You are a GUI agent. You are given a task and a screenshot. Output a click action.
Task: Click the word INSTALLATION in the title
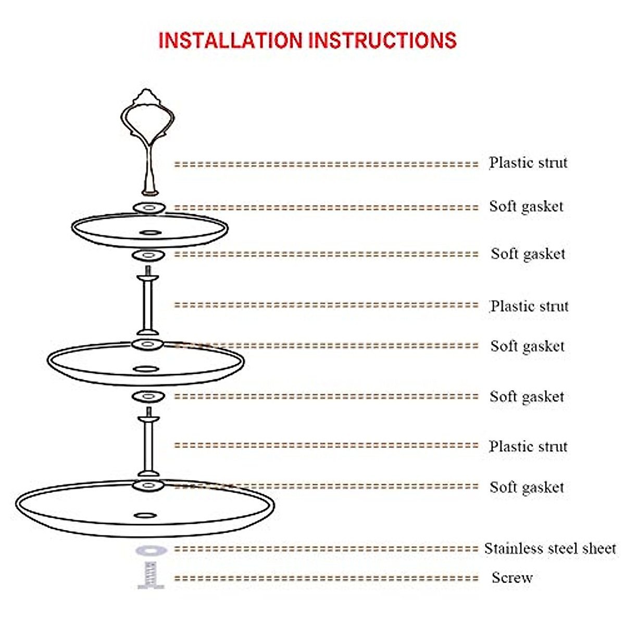pos(230,41)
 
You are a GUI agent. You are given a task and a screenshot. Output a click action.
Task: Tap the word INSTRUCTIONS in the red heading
pos(382,41)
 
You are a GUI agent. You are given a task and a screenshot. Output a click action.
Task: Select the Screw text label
pos(512,578)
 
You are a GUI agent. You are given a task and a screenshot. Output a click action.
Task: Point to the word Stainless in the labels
pos(514,548)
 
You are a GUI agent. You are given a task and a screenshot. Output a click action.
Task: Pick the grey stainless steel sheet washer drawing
pos(152,551)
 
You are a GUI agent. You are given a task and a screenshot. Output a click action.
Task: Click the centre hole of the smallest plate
pos(151,232)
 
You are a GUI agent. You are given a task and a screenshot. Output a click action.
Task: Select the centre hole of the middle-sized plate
pos(146,369)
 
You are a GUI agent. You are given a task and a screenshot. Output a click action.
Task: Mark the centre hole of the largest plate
pos(145,516)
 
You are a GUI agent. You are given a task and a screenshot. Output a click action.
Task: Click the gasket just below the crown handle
pos(149,208)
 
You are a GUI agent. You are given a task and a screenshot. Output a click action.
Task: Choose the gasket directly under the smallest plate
pos(148,255)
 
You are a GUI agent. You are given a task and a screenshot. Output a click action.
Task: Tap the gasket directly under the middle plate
pos(148,397)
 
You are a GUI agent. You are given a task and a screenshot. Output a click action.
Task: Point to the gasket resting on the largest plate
pos(148,486)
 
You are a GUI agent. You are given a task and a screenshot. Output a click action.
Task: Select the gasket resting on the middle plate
pos(148,344)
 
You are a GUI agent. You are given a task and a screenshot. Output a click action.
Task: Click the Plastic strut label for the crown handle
pos(528,163)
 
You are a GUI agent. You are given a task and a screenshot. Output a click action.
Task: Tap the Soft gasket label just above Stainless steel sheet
pos(527,488)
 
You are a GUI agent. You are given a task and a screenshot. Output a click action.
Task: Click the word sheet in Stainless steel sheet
pos(599,548)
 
